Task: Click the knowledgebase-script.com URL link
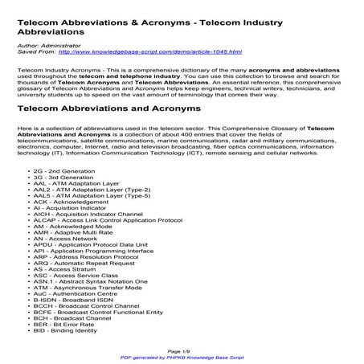pos(155,52)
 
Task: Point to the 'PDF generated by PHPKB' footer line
pos(182,358)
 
